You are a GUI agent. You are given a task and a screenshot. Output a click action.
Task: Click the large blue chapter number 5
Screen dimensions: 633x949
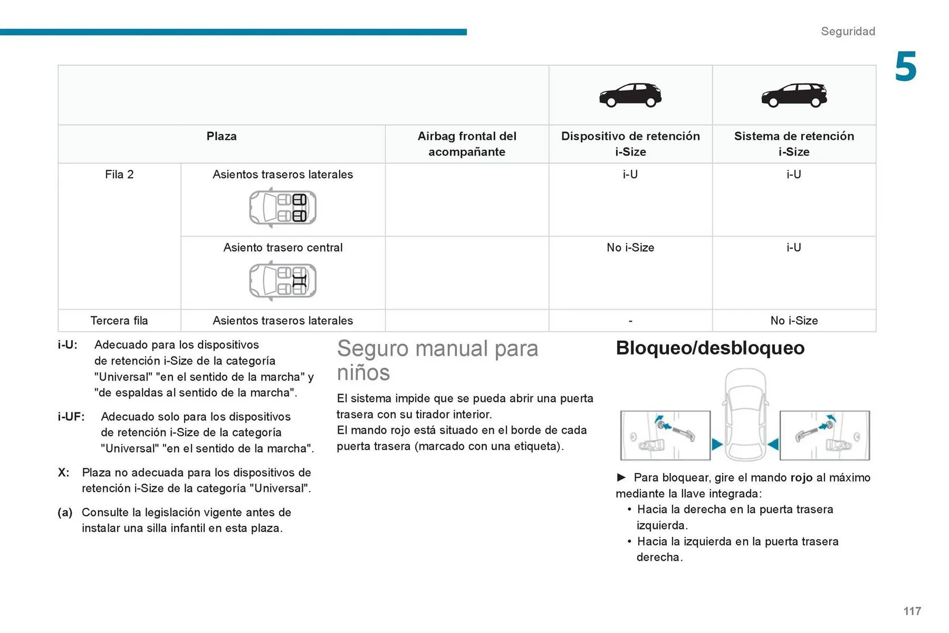[906, 67]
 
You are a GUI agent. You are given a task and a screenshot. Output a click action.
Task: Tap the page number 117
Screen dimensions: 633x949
[912, 611]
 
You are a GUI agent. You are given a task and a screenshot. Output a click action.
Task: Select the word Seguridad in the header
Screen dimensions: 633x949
[848, 32]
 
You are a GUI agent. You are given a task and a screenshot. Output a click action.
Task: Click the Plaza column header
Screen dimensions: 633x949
[221, 136]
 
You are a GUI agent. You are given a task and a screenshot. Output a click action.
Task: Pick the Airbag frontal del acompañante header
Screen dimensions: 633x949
[467, 144]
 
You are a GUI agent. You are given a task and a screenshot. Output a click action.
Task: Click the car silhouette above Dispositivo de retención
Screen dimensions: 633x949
[630, 95]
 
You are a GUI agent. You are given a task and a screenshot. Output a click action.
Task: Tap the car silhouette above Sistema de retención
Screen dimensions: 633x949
[794, 95]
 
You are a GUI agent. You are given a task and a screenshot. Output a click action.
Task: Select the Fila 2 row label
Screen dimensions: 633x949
[119, 174]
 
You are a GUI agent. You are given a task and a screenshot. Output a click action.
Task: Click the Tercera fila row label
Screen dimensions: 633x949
[119, 321]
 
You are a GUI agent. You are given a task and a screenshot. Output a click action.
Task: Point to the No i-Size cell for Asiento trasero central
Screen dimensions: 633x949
[630, 248]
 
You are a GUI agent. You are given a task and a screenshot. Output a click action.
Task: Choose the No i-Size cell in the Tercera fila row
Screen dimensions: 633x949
[794, 321]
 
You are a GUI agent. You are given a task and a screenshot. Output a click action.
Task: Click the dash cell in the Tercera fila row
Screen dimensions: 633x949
[630, 321]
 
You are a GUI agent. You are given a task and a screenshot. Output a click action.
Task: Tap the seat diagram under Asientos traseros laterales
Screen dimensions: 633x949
[283, 208]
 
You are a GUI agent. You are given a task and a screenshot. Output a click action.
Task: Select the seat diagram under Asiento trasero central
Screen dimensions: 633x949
[283, 281]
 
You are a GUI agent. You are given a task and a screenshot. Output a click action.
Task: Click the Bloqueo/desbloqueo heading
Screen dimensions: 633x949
[710, 348]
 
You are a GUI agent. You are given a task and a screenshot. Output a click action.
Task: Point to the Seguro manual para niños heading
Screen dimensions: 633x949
[437, 360]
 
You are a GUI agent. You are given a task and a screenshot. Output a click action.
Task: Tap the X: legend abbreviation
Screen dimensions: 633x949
[63, 472]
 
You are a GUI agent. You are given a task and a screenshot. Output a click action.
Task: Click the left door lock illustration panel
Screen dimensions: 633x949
[665, 435]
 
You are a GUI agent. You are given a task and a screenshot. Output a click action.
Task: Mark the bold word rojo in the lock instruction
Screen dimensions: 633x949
[801, 478]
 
